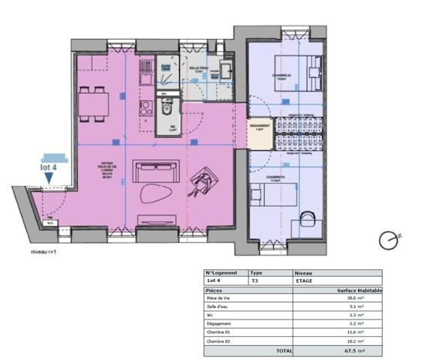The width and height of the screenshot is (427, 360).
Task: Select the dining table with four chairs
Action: [94, 102]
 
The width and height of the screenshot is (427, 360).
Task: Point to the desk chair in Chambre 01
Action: [308, 220]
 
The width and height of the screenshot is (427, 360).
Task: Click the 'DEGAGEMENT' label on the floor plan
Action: [260, 125]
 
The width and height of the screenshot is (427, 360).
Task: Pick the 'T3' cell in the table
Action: [255, 280]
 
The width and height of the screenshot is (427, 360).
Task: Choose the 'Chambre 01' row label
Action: [220, 331]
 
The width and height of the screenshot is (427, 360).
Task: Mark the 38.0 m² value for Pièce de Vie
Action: [356, 298]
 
